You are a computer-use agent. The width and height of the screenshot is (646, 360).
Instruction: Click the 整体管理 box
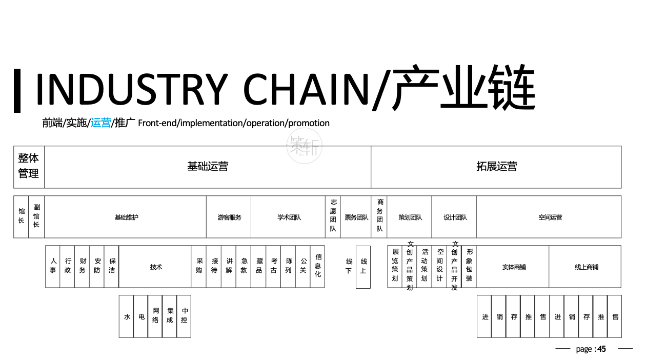(x=29, y=167)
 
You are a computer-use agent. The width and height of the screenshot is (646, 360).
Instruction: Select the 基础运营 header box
(x=208, y=167)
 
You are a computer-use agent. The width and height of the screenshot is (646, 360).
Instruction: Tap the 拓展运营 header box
(x=496, y=167)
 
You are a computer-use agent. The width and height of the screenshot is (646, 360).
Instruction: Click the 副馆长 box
(x=36, y=217)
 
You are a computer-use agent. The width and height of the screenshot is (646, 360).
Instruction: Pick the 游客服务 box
(x=229, y=217)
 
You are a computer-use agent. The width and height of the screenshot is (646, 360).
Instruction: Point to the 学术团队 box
(x=289, y=217)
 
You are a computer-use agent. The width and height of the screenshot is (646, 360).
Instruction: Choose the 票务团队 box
(x=356, y=217)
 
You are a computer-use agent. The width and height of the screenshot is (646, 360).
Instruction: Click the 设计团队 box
(x=454, y=217)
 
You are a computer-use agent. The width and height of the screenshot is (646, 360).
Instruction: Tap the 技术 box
(x=155, y=267)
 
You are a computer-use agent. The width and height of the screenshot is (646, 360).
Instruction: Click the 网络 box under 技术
(x=155, y=316)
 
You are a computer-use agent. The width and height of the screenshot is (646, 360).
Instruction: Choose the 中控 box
(x=184, y=316)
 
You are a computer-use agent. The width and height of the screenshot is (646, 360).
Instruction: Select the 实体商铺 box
(x=513, y=267)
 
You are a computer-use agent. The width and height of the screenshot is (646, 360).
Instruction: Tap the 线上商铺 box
(x=586, y=267)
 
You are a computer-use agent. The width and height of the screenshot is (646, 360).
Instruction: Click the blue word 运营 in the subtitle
(x=100, y=123)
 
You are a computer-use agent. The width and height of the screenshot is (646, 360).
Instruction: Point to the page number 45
(x=601, y=349)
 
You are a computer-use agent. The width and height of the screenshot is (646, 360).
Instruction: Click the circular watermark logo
(x=305, y=147)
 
